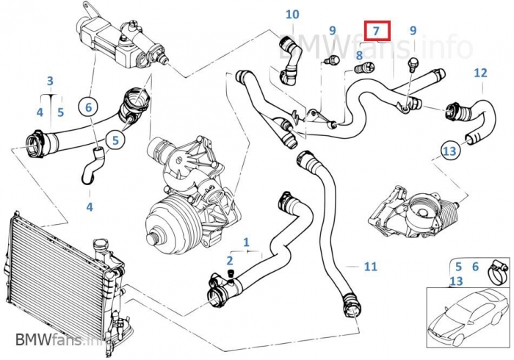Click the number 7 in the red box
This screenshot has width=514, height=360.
point(375,31)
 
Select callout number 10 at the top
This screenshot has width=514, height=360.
point(292,14)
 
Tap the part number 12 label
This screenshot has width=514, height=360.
point(480,73)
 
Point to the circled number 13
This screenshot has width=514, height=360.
point(450,151)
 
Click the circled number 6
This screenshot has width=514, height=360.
point(89,107)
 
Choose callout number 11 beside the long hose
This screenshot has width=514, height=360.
point(370,266)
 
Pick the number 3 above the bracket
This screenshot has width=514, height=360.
point(50,81)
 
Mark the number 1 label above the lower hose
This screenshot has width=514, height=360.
point(247,241)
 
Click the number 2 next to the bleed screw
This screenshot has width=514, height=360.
point(230,260)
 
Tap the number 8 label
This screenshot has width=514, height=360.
point(359,54)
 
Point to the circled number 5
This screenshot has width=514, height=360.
point(115,138)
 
